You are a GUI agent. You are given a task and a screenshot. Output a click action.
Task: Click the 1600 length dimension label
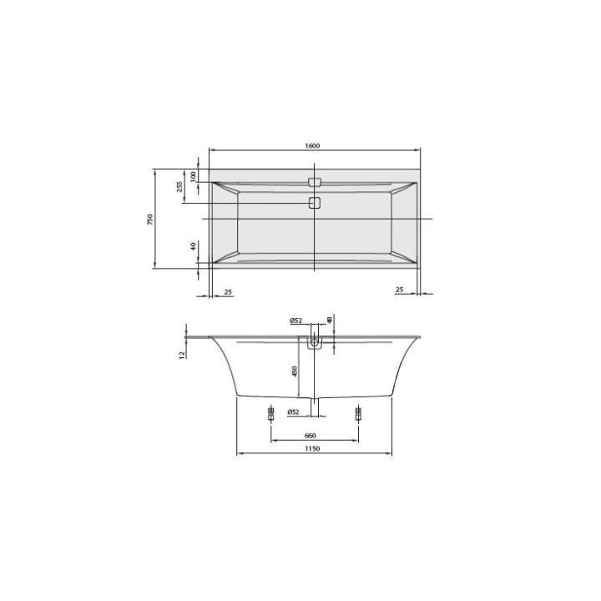click(x=313, y=146)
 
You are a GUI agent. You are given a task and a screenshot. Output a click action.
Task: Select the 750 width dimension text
click(x=151, y=219)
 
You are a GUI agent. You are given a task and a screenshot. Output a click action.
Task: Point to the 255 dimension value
click(x=179, y=187)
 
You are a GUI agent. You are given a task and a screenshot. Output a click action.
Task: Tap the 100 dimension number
click(x=194, y=176)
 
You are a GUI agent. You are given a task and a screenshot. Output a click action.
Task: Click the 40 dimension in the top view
click(x=194, y=246)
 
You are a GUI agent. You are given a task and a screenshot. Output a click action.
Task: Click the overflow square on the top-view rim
click(x=315, y=180)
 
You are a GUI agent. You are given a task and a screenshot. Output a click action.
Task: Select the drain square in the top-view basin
click(x=315, y=203)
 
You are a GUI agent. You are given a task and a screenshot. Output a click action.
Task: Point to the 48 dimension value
click(x=330, y=320)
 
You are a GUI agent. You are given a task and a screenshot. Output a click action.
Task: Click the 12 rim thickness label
click(x=181, y=354)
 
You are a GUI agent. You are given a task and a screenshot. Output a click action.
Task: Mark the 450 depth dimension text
click(x=295, y=370)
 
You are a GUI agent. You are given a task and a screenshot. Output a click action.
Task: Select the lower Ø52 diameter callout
click(x=293, y=412)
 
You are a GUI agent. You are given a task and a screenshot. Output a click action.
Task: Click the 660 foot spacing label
click(x=310, y=435)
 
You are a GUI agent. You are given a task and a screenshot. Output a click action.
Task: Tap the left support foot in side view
click(x=270, y=412)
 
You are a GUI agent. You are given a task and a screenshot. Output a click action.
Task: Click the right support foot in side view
click(x=359, y=412)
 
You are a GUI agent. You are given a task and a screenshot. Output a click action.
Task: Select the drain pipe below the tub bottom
click(x=315, y=406)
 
